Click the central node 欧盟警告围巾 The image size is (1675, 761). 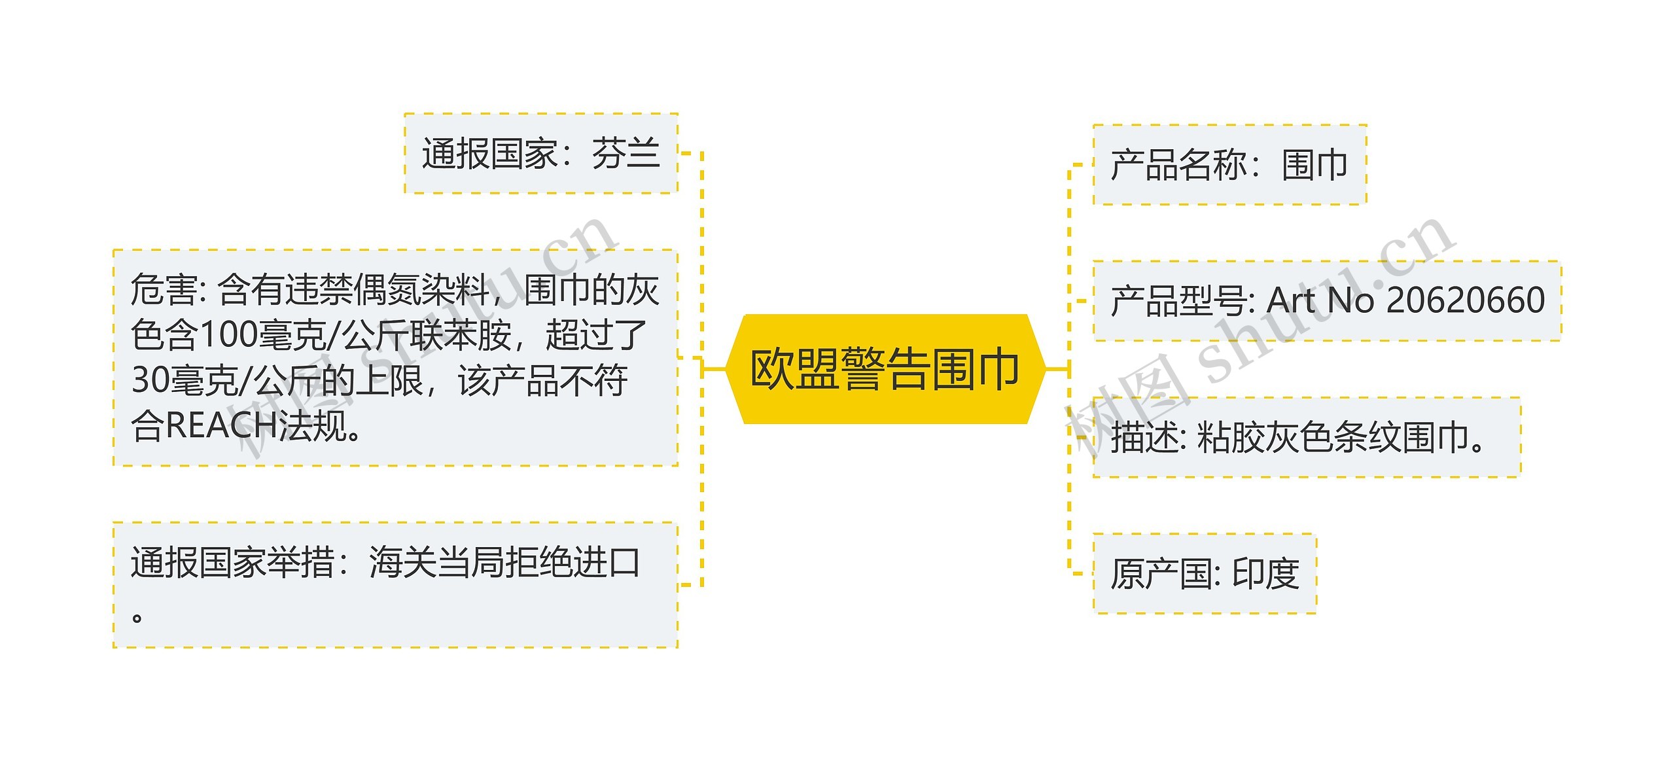(x=884, y=369)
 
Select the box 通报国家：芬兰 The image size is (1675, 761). (x=541, y=154)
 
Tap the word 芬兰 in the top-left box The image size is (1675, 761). (x=626, y=154)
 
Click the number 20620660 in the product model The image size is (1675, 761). (x=1465, y=300)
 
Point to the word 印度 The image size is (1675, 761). (x=1265, y=574)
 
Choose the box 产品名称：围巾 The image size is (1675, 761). (x=1229, y=165)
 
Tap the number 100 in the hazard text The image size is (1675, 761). (x=228, y=335)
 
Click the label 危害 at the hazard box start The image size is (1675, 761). (x=164, y=290)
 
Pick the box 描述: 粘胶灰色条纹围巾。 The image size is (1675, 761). (x=1306, y=437)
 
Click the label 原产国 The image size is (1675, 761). (x=1161, y=574)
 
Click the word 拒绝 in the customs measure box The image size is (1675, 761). (x=538, y=563)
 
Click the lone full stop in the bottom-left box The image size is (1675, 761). (x=137, y=617)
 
